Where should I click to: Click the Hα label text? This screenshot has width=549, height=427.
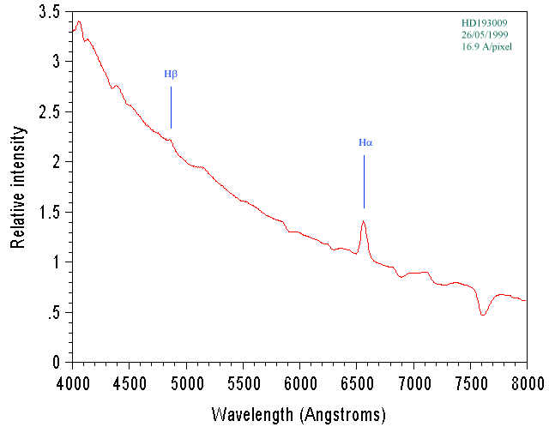click(365, 142)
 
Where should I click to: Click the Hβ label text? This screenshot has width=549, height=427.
click(171, 74)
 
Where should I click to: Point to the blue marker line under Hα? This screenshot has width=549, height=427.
click(364, 181)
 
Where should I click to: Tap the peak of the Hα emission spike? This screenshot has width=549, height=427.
click(364, 222)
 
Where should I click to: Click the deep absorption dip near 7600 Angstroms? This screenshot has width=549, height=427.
click(483, 314)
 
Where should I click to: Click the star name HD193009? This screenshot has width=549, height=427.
click(485, 23)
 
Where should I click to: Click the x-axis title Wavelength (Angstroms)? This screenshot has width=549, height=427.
click(299, 415)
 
